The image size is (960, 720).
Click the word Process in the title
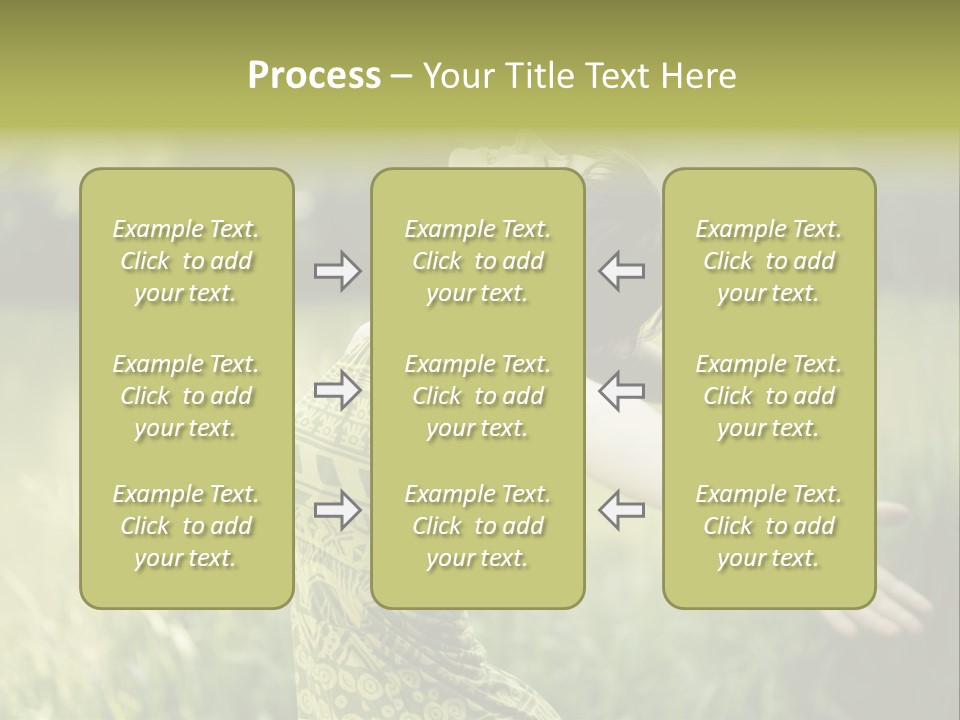pyautogui.click(x=314, y=76)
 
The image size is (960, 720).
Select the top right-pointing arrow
pyautogui.click(x=337, y=271)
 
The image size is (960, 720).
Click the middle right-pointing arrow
pyautogui.click(x=337, y=389)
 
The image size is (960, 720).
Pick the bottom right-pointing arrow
pyautogui.click(x=337, y=510)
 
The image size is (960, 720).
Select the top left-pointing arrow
pyautogui.click(x=622, y=271)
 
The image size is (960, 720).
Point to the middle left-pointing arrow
pyautogui.click(x=622, y=389)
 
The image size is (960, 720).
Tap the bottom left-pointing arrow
pyautogui.click(x=622, y=510)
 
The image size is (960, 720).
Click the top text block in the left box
pyautogui.click(x=186, y=261)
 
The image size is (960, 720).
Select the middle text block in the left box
pyautogui.click(x=186, y=396)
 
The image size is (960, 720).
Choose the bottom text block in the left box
pyautogui.click(x=186, y=526)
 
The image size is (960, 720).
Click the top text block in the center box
pyautogui.click(x=477, y=261)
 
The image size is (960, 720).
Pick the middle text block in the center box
pyautogui.click(x=477, y=396)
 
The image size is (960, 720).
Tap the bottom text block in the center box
pyautogui.click(x=477, y=526)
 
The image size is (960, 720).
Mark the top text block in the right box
pyautogui.click(x=769, y=261)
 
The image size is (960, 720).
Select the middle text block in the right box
pyautogui.click(x=769, y=396)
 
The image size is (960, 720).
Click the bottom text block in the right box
pyautogui.click(x=769, y=526)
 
